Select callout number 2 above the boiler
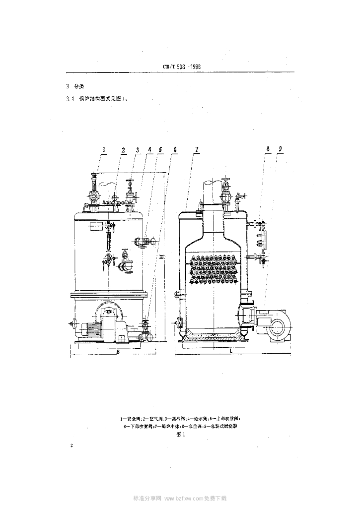tap(123, 149)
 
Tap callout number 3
tap(137, 149)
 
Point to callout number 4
tap(149, 149)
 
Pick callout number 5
tap(160, 149)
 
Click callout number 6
tap(174, 149)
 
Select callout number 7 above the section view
tap(197, 149)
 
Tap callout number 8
tap(268, 149)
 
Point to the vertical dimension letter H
tap(162, 255)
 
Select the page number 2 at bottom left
tap(72, 446)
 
